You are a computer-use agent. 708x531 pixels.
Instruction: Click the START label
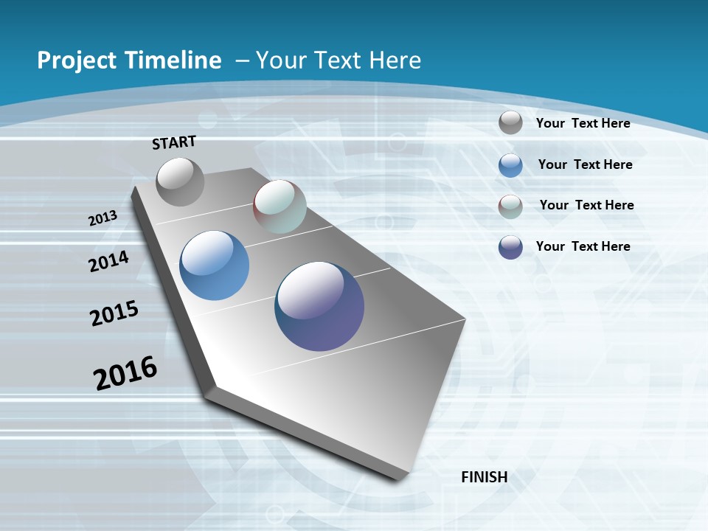click(174, 142)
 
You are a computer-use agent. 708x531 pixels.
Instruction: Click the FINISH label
click(485, 477)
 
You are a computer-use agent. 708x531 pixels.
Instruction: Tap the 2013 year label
click(103, 218)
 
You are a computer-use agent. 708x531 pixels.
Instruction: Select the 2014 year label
click(109, 262)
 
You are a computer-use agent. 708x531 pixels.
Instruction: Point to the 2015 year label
click(114, 313)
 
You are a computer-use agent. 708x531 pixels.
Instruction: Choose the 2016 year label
click(125, 372)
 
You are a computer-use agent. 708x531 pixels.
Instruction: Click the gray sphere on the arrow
click(180, 181)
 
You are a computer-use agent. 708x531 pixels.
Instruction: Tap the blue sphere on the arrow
click(215, 265)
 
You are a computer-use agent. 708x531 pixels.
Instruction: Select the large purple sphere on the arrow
click(319, 306)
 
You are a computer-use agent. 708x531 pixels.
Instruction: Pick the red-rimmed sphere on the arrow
click(280, 206)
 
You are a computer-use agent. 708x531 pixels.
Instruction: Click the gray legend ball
click(510, 122)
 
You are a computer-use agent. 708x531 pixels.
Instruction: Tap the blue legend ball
click(510, 164)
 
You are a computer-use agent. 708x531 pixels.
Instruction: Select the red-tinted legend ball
click(510, 206)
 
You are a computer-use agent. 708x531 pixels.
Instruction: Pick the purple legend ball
click(510, 247)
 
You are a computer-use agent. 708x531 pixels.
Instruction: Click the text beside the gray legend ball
click(583, 123)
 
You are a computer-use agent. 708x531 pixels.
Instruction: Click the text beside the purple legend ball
click(583, 246)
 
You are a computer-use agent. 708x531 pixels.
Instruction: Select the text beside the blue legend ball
click(585, 164)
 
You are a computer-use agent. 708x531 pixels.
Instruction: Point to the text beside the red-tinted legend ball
click(586, 205)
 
